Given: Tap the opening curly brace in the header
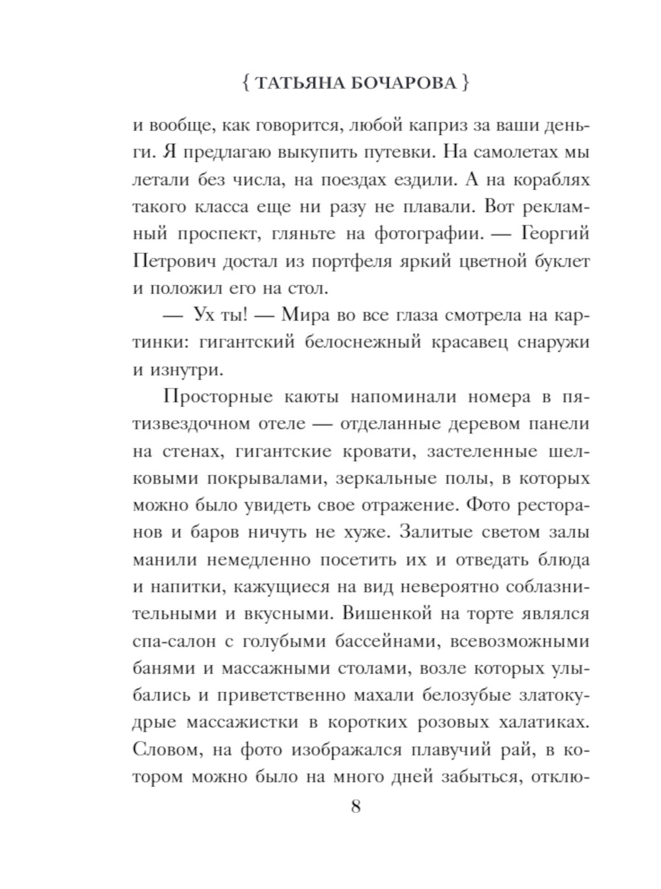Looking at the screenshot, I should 245,83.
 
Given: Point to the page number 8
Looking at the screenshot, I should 356,807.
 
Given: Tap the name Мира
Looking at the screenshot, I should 302,315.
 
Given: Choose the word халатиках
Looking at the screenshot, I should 537,723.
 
